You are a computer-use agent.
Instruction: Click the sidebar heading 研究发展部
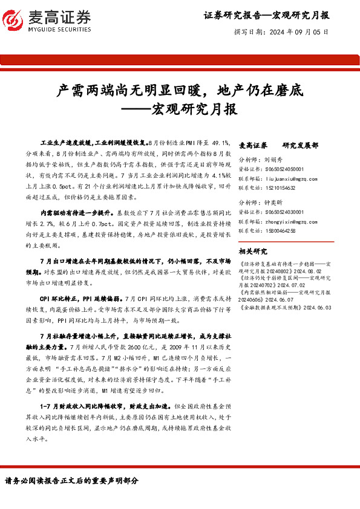point(300,146)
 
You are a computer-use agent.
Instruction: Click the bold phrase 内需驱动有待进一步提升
point(76,213)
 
